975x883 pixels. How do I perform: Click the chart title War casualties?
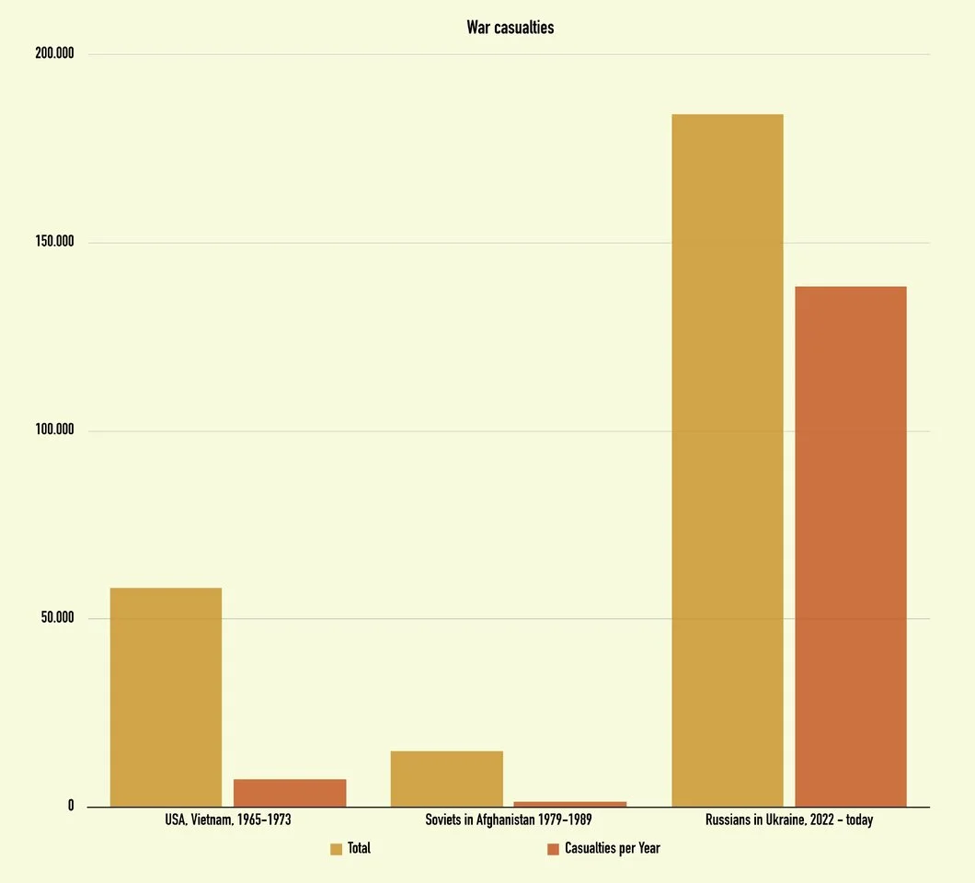(x=510, y=28)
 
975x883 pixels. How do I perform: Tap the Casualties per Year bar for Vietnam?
(x=290, y=793)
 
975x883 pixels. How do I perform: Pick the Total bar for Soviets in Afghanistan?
(x=446, y=779)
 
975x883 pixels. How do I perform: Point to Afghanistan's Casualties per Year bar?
(x=570, y=804)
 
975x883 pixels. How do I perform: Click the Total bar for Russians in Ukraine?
(x=728, y=460)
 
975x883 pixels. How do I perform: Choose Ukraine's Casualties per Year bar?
(x=851, y=546)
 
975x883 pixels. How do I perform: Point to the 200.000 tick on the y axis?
(x=54, y=53)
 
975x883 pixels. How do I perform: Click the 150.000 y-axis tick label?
(x=54, y=242)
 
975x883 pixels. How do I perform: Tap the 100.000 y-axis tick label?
(x=54, y=430)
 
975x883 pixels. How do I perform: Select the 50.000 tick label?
(x=57, y=618)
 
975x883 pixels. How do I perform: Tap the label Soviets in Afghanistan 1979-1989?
(x=509, y=820)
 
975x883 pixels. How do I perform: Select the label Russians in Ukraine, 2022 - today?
(x=788, y=820)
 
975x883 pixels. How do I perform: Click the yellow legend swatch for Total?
(x=336, y=849)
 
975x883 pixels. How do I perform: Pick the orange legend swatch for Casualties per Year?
(x=553, y=849)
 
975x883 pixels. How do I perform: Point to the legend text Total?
(x=359, y=848)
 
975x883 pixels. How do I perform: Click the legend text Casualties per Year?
(x=612, y=848)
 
